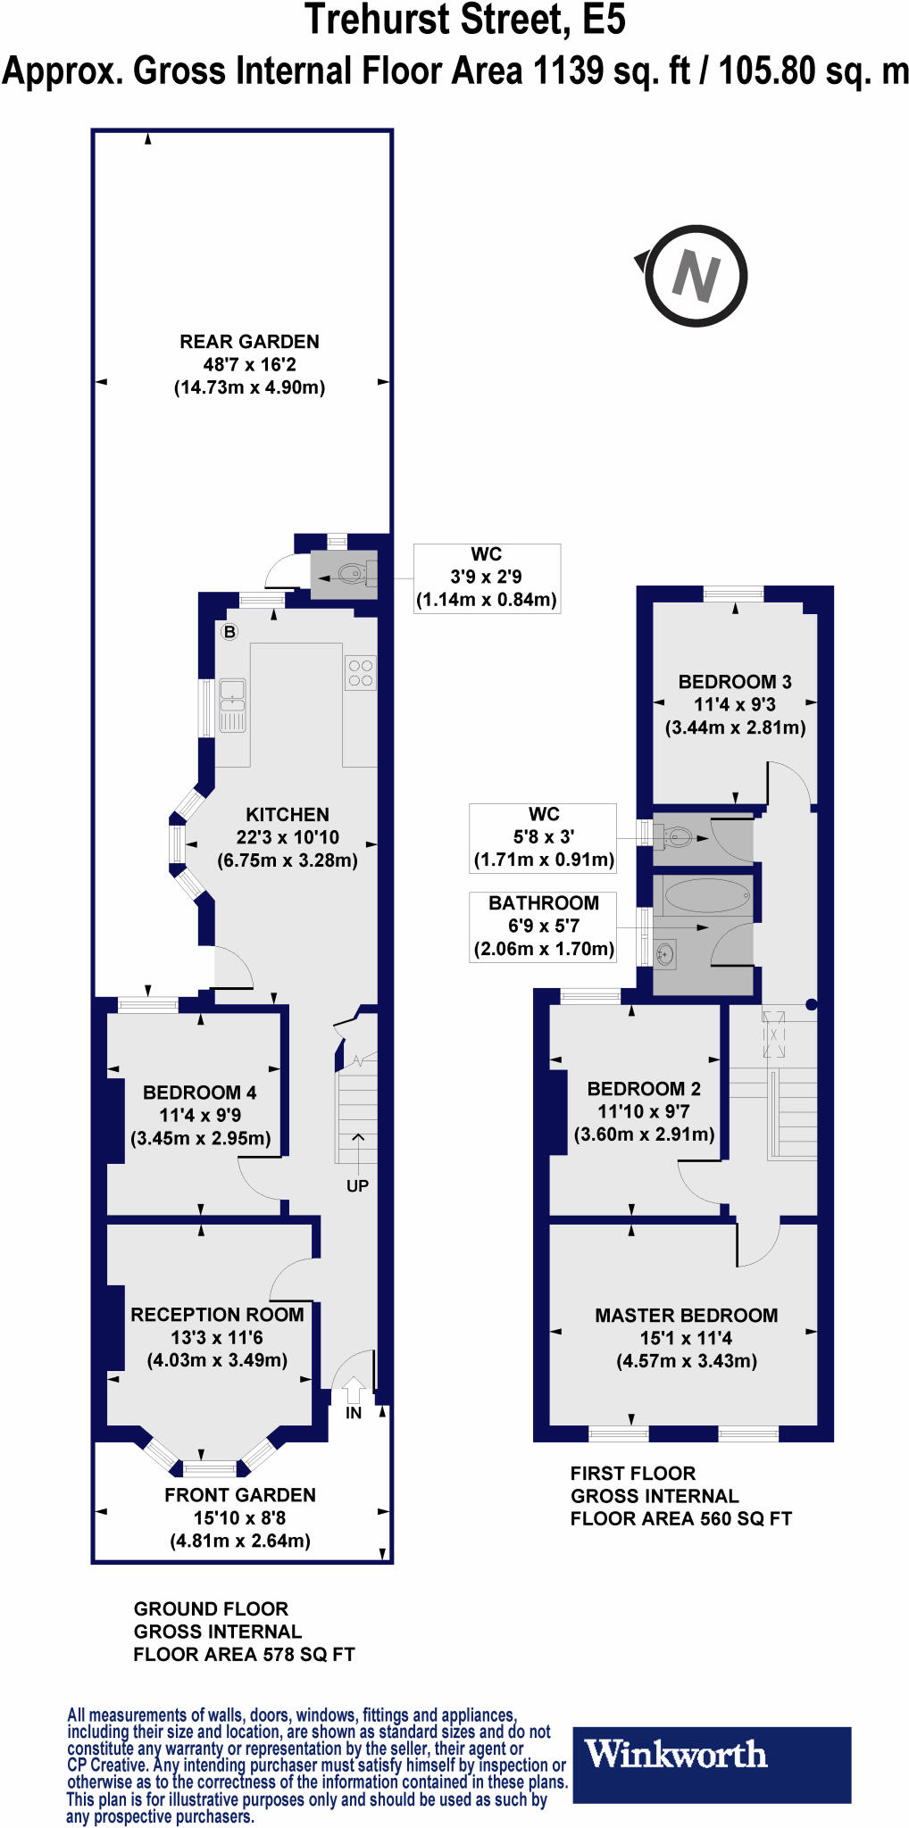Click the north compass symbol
point(695,276)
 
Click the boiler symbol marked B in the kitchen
point(229,632)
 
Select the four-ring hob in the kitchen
point(361,673)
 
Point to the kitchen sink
point(232,704)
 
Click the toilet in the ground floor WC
point(352,573)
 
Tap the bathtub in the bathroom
point(706,895)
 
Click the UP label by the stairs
point(357,1186)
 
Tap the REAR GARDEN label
point(249,342)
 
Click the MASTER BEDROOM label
point(686,1316)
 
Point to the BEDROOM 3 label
point(735,682)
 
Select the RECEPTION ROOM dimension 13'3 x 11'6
point(217,1338)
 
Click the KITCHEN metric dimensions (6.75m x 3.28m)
point(288,861)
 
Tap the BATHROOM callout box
point(543,926)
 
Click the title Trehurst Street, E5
point(465,20)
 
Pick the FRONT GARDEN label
point(240,1495)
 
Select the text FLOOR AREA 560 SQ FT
point(681,1519)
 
